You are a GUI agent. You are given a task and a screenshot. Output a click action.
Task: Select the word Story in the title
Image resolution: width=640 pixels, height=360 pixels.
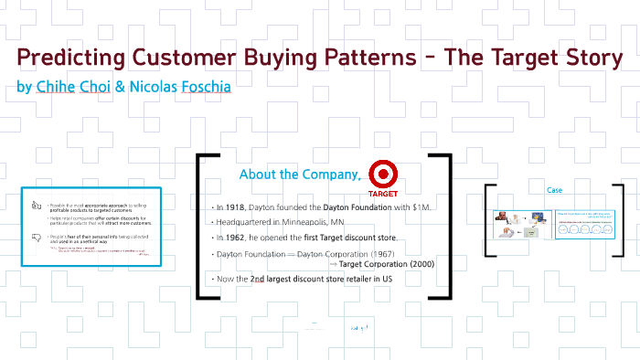pyautogui.click(x=585, y=58)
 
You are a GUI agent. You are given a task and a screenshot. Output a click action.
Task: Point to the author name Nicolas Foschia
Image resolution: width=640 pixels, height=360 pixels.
pyautogui.click(x=180, y=87)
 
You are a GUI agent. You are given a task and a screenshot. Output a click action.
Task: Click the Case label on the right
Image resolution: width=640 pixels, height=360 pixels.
pyautogui.click(x=554, y=190)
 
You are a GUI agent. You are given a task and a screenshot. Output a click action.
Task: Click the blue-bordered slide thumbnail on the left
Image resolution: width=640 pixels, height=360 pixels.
pyautogui.click(x=91, y=228)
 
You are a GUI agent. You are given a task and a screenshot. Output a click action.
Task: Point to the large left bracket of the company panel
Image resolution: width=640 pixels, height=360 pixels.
pyautogui.click(x=201, y=226)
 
